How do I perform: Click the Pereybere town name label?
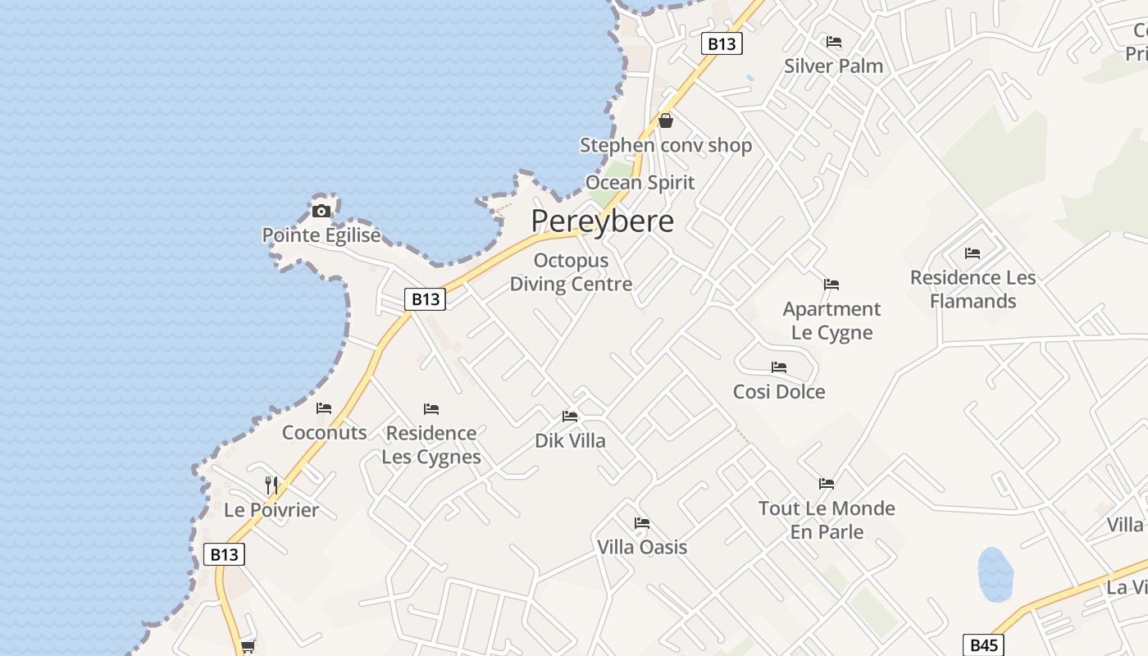(602, 221)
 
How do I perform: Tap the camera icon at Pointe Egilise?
(321, 212)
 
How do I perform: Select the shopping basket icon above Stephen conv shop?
(666, 121)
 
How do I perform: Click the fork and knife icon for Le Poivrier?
(271, 485)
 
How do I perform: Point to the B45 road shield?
(982, 645)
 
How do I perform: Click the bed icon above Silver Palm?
(834, 42)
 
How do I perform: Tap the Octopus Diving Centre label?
(571, 272)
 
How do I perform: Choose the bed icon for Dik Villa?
(570, 417)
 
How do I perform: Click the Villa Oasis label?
(642, 547)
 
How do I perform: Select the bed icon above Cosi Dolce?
(779, 367)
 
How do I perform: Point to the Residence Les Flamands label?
(973, 289)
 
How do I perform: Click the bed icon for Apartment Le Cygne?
(831, 285)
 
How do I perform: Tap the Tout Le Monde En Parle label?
(827, 520)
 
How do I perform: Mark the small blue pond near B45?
(995, 574)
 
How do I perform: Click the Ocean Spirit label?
(640, 182)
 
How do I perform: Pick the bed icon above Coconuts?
(324, 408)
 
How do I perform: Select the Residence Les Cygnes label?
(431, 444)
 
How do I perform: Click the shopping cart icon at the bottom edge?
(248, 646)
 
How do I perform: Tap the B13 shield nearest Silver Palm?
(722, 43)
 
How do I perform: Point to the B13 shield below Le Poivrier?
(224, 554)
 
